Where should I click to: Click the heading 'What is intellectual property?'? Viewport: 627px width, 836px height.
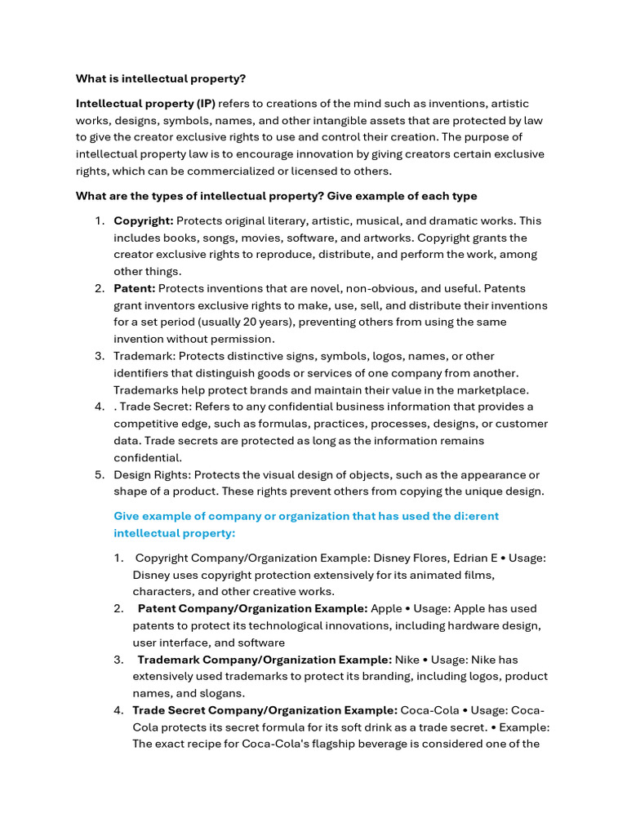pyautogui.click(x=161, y=78)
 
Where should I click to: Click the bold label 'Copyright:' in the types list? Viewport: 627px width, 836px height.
pyautogui.click(x=143, y=221)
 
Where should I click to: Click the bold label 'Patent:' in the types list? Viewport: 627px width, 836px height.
pyautogui.click(x=134, y=289)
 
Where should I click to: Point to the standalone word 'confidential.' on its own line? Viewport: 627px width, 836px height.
pyautogui.click(x=148, y=458)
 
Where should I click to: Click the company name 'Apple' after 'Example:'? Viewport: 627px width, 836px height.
pyautogui.click(x=386, y=608)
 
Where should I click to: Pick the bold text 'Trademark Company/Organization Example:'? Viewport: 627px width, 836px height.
pyautogui.click(x=264, y=660)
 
